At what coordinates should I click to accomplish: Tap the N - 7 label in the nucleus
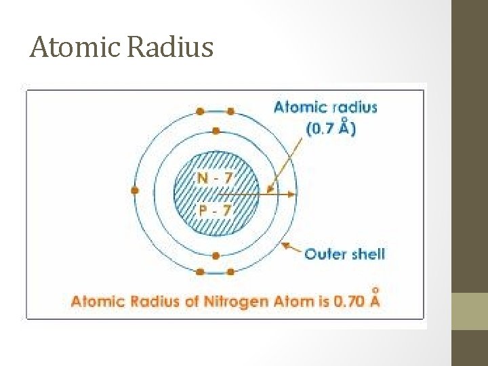click(214, 178)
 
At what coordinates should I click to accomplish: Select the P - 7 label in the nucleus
click(214, 209)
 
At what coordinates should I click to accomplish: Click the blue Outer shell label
click(344, 254)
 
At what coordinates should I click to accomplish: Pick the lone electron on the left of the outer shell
click(135, 191)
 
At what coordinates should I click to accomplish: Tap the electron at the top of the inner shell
click(216, 130)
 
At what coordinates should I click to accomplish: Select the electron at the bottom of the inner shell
click(216, 256)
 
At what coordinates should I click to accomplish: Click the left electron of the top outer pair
click(201, 111)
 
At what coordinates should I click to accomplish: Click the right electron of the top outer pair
click(230, 111)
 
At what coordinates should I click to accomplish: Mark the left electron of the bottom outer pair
click(201, 272)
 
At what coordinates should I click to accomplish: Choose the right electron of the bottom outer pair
click(230, 272)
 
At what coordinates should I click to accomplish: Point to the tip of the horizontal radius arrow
click(293, 194)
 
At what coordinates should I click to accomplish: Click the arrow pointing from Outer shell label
click(291, 248)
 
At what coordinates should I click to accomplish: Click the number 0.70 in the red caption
click(349, 301)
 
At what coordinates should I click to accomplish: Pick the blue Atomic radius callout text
click(325, 107)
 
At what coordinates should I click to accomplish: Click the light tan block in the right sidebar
click(470, 311)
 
